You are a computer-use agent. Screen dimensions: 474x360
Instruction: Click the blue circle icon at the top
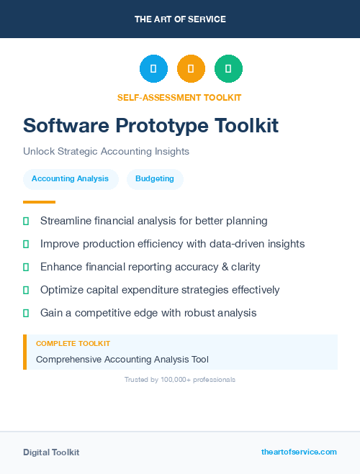[153, 69]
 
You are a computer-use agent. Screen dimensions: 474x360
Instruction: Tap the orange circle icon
[191, 69]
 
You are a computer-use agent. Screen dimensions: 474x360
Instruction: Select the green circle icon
[228, 69]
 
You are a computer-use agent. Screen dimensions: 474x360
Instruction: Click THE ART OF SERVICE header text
[180, 19]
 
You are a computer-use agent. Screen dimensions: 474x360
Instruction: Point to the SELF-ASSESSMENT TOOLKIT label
[179, 97]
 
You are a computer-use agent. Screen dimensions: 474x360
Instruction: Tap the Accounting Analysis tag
[70, 178]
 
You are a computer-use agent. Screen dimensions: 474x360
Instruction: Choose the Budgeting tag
[155, 178]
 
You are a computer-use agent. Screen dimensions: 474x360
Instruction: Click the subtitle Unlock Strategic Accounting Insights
[106, 152]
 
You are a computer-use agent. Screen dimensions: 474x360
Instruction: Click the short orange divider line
[39, 202]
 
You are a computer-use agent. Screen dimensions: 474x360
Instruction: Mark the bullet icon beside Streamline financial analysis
[26, 221]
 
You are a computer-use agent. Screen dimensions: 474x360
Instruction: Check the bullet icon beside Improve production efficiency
[26, 244]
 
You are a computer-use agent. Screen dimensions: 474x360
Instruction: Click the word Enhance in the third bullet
[62, 267]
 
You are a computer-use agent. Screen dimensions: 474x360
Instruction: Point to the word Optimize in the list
[62, 290]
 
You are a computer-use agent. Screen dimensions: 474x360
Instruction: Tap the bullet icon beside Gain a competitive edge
[26, 313]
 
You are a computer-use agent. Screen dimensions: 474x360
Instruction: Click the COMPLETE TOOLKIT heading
[73, 344]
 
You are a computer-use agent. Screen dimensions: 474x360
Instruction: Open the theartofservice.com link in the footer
[299, 452]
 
